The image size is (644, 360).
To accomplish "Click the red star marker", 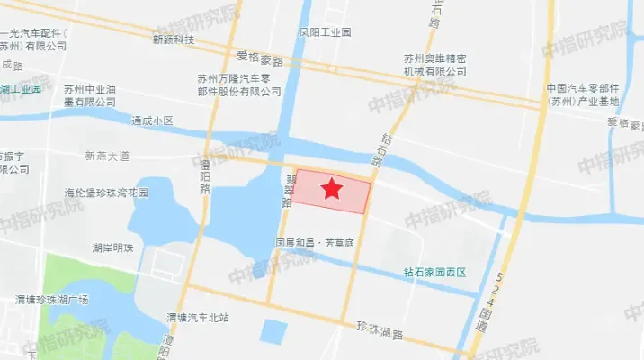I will click(332, 189).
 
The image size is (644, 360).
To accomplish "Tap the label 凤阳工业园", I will click(325, 31).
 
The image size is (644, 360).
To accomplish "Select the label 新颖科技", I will click(174, 40).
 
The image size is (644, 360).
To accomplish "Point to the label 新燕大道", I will click(107, 156).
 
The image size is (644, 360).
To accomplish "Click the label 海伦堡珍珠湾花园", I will click(105, 193).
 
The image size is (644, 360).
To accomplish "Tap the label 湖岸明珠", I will click(112, 247).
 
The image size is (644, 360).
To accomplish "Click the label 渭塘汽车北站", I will click(198, 317).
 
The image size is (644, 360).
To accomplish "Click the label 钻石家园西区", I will click(435, 271).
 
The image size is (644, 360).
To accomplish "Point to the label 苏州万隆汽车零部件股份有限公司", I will click(239, 85).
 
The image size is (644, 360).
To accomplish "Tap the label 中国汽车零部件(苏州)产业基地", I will click(585, 94).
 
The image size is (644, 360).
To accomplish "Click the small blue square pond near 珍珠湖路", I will click(273, 331).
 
